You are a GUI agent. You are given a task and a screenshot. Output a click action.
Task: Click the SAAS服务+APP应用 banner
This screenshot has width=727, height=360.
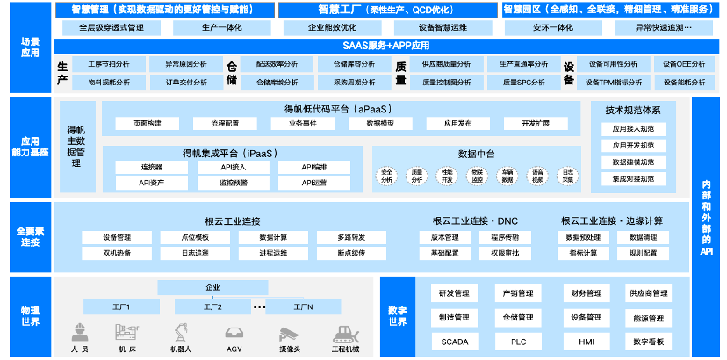pyautogui.click(x=372, y=45)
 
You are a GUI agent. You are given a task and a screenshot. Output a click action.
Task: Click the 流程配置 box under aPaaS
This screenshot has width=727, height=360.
pyautogui.click(x=224, y=123)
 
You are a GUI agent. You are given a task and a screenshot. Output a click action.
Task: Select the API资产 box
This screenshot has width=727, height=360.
pyautogui.click(x=151, y=182)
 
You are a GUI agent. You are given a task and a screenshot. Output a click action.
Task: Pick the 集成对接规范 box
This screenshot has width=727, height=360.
pyautogui.click(x=633, y=178)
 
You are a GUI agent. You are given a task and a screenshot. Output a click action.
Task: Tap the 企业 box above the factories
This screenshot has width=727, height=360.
pyautogui.click(x=212, y=288)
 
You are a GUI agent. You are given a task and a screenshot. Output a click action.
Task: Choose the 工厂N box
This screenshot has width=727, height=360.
pyautogui.click(x=303, y=306)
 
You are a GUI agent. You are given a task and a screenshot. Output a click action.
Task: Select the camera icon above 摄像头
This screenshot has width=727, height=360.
pyautogui.click(x=290, y=333)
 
